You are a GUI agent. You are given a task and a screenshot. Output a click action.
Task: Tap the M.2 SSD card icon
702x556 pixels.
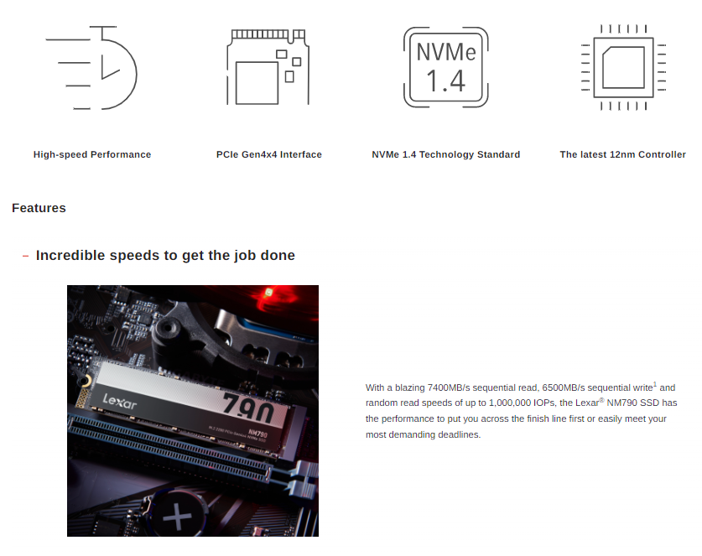pyautogui.click(x=268, y=67)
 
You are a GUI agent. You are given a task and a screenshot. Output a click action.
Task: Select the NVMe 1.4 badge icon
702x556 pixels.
pyautogui.click(x=446, y=67)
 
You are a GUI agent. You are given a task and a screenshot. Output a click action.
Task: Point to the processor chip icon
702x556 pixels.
pyautogui.click(x=623, y=67)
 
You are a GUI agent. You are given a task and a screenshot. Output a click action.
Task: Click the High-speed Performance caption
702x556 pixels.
pyautogui.click(x=92, y=154)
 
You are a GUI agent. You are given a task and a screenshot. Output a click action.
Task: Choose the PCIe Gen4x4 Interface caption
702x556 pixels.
pyautogui.click(x=269, y=154)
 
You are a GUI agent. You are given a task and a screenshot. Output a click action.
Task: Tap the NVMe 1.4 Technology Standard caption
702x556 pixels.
pyautogui.click(x=446, y=154)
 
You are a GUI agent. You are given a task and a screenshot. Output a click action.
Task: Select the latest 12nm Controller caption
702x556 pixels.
pyautogui.click(x=623, y=154)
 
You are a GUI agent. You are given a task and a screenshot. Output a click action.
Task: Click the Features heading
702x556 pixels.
pyautogui.click(x=39, y=208)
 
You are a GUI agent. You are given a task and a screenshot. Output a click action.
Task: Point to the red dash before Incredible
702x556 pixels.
pyautogui.click(x=25, y=256)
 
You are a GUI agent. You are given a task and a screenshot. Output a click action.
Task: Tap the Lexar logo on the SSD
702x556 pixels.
pyautogui.click(x=120, y=402)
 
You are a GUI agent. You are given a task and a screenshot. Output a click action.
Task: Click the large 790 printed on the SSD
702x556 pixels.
pyautogui.click(x=248, y=408)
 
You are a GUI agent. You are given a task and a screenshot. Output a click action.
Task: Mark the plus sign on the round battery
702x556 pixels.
pyautogui.click(x=178, y=517)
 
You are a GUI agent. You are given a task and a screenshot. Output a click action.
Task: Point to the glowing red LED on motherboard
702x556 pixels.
pyautogui.click(x=268, y=293)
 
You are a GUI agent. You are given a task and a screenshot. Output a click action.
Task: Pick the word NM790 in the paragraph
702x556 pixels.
pyautogui.click(x=621, y=403)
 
